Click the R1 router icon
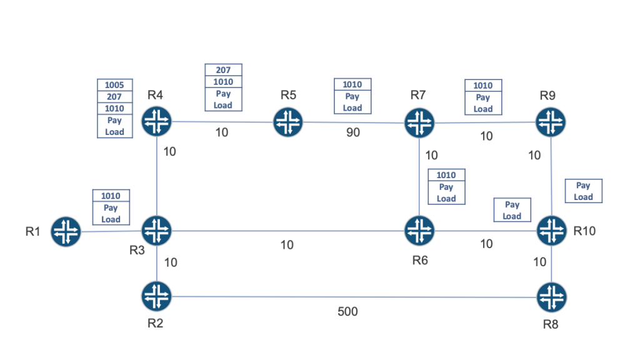click(66, 231)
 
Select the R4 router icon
click(156, 121)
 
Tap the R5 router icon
click(288, 122)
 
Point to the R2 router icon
click(156, 296)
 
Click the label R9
click(548, 95)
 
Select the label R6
click(420, 261)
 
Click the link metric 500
click(347, 311)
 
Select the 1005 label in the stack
click(114, 85)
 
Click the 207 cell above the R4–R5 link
click(223, 71)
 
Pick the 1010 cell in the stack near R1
click(111, 196)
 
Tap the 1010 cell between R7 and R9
click(482, 86)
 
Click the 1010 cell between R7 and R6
click(446, 176)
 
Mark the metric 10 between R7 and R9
click(486, 136)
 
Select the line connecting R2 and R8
click(350, 297)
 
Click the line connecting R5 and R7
click(350, 122)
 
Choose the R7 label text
click(418, 95)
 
